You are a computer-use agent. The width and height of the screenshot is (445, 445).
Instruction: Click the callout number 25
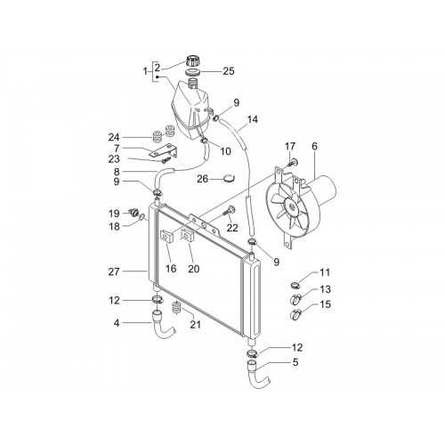point(229,71)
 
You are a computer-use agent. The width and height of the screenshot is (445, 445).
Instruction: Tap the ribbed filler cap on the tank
point(192,61)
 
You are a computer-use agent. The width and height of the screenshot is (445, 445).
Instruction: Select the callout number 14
point(253,119)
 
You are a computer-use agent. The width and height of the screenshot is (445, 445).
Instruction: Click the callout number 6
point(314,146)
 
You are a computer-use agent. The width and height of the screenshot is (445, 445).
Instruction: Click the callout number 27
point(114,271)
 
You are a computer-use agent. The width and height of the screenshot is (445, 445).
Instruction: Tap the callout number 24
point(114,137)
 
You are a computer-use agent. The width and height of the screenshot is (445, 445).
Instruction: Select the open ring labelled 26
point(229,178)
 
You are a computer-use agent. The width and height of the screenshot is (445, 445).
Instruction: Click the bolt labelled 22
point(229,211)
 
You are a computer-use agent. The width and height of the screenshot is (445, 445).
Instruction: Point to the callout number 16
point(171,269)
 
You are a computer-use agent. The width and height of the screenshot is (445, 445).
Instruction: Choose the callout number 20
point(194,269)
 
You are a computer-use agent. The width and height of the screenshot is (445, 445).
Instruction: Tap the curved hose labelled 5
point(255,375)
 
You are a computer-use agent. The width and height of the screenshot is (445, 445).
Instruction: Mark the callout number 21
point(196,325)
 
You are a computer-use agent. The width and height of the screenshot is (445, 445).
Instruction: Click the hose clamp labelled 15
point(296,314)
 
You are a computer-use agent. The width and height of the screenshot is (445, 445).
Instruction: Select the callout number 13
point(325,289)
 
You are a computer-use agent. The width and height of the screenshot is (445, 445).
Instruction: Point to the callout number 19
point(114,214)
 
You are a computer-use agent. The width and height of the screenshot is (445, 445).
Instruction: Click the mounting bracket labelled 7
point(164,151)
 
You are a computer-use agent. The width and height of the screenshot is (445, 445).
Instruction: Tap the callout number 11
point(325,272)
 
